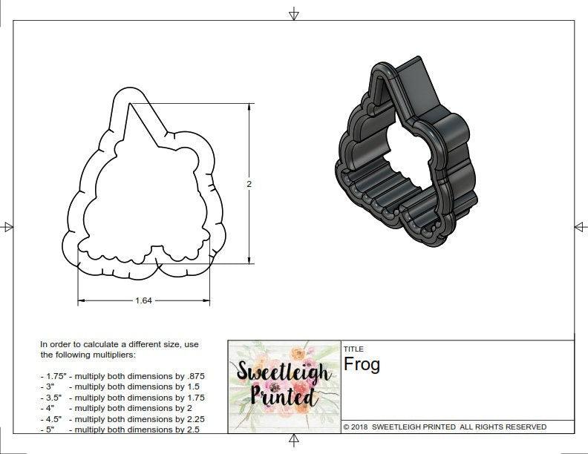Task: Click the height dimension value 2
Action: tap(249, 184)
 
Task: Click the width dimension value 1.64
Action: tap(144, 300)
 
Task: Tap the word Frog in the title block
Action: tap(362, 365)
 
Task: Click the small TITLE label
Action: tap(353, 349)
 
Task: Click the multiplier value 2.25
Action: tap(192, 418)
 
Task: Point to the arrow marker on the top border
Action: tap(294, 13)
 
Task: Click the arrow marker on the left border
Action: tap(7, 227)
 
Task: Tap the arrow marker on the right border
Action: tap(581, 226)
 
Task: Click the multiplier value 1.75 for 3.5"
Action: tap(191, 398)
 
